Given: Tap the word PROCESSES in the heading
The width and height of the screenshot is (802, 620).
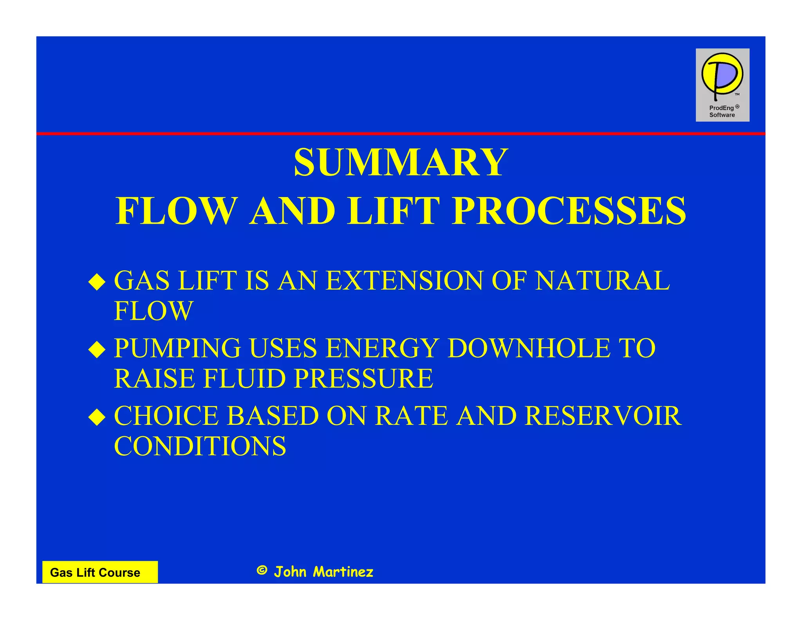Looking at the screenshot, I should coord(569,211).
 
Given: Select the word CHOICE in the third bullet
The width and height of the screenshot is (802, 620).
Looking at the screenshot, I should coord(166,416).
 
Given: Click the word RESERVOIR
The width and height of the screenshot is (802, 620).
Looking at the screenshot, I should coord(603,416).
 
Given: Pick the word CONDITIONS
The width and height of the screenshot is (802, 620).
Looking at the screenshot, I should coord(200,446).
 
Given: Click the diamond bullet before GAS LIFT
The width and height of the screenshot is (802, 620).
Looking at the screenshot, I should coord(97,282).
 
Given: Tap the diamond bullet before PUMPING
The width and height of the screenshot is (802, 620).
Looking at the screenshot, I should coord(97,350).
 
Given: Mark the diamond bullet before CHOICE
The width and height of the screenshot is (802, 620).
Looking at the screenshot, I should coord(97,417).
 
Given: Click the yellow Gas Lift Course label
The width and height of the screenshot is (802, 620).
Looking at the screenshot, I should coord(99,572).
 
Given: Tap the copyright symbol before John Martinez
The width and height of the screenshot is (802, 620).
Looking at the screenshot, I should coord(262,570).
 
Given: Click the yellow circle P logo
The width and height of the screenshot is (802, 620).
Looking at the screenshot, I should coord(722,74).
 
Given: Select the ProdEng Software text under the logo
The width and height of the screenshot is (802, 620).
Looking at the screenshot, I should coord(723,111).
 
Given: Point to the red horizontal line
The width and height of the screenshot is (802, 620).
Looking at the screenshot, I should coord(401,134).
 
